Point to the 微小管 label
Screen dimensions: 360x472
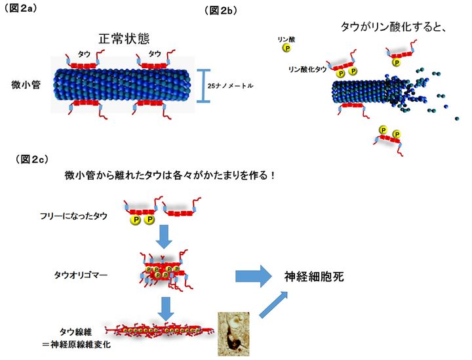pyautogui.click(x=25, y=85)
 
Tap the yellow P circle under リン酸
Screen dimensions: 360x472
pyautogui.click(x=286, y=48)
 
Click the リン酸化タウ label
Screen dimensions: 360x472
pyautogui.click(x=305, y=68)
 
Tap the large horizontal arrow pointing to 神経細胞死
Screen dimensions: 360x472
pyautogui.click(x=252, y=276)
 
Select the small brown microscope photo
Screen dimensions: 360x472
pyautogui.click(x=233, y=334)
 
